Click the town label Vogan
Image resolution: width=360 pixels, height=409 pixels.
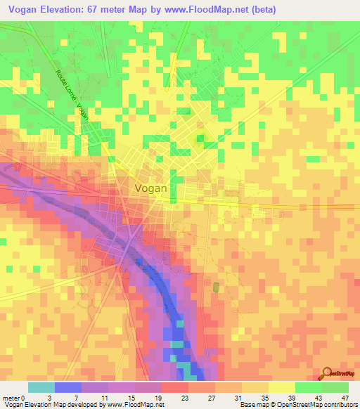[150, 188]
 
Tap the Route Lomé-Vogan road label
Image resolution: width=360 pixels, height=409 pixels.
[72, 95]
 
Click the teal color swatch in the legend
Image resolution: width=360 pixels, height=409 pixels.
[41, 387]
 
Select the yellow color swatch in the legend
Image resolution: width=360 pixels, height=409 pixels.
[281, 387]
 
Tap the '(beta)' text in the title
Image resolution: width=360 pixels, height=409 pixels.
[261, 9]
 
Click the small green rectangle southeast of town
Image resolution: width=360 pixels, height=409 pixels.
[216, 287]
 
